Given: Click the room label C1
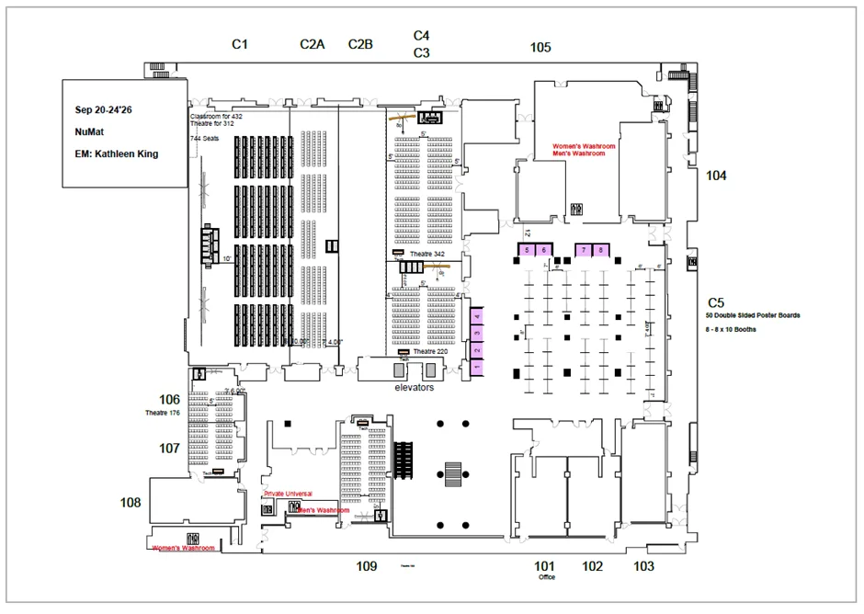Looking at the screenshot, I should [240, 44].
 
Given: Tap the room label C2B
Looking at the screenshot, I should [360, 44].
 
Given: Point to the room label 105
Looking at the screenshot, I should [540, 48].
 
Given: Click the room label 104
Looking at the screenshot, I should [716, 176].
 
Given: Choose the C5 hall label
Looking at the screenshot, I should [716, 301].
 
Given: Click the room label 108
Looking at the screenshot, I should [131, 503].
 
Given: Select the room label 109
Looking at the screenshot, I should [367, 566].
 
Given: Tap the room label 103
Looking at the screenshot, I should [643, 566].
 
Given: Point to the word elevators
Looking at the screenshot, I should [414, 387].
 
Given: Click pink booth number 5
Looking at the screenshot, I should [527, 250].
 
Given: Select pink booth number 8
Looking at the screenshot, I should [600, 250].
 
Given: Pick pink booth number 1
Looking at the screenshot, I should [477, 368].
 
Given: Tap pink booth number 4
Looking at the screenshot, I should [477, 316].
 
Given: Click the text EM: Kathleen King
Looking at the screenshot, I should [117, 153].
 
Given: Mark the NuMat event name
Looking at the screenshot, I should [88, 131].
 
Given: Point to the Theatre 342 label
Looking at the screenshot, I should [426, 254].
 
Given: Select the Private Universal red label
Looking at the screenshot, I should [288, 494].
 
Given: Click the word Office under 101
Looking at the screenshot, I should [546, 578].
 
